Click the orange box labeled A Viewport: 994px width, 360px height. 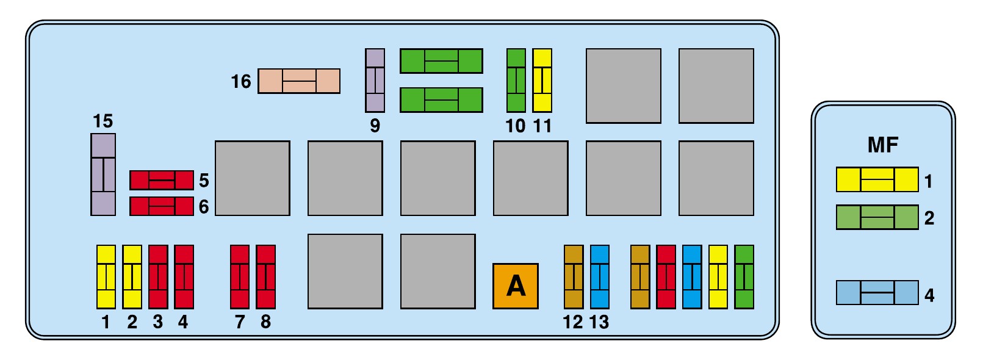[x=516, y=286]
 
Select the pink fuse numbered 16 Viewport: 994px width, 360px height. [x=299, y=81]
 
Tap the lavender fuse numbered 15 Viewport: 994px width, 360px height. [x=103, y=175]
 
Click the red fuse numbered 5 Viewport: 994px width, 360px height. [x=162, y=181]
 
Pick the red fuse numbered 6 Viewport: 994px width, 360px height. [x=162, y=206]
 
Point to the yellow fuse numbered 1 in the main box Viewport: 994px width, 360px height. [x=106, y=276]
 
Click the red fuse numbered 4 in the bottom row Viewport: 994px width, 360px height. [x=184, y=276]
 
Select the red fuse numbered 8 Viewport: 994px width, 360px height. [x=266, y=276]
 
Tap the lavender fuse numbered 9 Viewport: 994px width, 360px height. [x=375, y=81]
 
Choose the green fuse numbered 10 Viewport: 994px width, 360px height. [x=516, y=81]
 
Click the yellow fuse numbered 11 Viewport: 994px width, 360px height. [x=542, y=81]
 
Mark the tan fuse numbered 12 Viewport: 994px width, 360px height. [x=574, y=276]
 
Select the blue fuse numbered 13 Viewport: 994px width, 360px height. [x=600, y=276]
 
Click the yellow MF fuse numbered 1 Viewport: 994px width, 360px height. [x=877, y=179]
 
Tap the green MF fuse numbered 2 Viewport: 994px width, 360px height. [x=877, y=217]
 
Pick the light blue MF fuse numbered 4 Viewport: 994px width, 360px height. [x=877, y=292]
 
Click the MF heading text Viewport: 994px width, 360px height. [x=883, y=145]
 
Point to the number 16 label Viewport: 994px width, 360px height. [x=241, y=82]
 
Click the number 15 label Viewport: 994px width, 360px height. [x=103, y=121]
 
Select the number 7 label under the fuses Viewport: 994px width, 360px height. [x=240, y=322]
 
